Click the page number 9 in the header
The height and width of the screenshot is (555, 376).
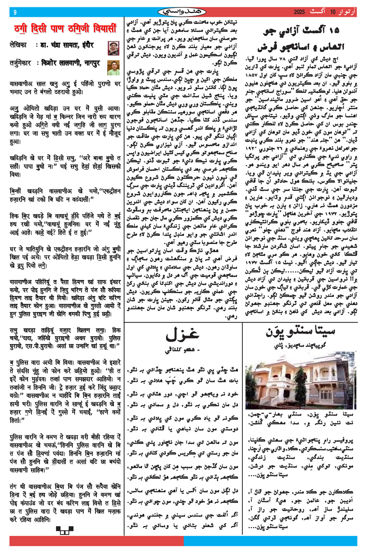[x=15, y=12]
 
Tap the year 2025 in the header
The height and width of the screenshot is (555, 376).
[x=299, y=12]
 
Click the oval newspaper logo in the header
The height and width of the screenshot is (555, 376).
[x=182, y=12]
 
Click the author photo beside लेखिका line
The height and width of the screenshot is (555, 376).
[x=113, y=48]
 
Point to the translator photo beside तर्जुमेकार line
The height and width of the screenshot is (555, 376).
[x=113, y=67]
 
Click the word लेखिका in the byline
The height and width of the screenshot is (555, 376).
[x=18, y=45]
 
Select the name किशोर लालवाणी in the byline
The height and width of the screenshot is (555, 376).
[x=61, y=63]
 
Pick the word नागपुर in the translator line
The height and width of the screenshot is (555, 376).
[x=92, y=63]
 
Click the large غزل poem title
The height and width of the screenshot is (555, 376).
[x=183, y=334]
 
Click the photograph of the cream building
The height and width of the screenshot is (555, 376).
[x=300, y=382]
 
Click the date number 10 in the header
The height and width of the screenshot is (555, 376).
[x=333, y=12]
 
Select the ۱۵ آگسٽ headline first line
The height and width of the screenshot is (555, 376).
[x=301, y=31]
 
